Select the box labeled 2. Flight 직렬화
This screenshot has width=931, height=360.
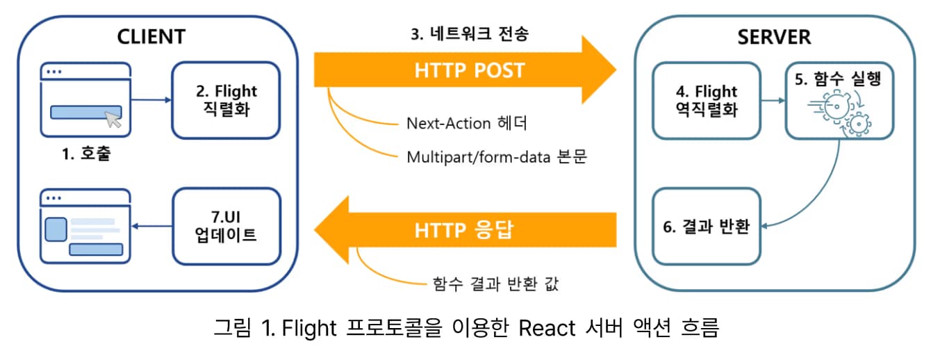click(226, 100)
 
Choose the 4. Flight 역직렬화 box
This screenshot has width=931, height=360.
click(705, 100)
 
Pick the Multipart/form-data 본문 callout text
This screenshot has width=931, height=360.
click(497, 156)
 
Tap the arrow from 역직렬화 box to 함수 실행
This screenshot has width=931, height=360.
click(772, 101)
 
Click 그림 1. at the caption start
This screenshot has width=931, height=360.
click(242, 327)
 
